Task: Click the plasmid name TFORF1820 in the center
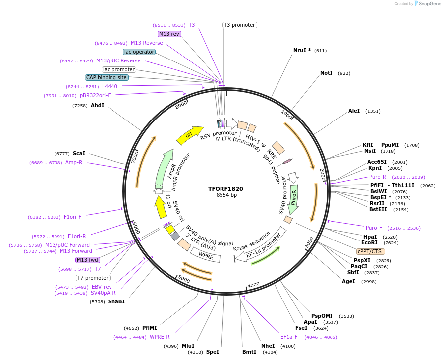(x=225, y=188)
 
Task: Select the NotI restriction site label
(x=326, y=73)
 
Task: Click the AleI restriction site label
(x=354, y=111)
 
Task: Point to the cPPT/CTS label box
(x=370, y=251)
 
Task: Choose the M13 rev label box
(x=169, y=34)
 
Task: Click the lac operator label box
(x=139, y=52)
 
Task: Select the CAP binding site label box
(x=107, y=77)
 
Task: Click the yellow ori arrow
(x=190, y=134)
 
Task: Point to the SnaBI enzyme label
(x=117, y=301)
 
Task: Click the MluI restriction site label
(x=188, y=346)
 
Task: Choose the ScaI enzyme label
(x=79, y=153)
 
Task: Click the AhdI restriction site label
(x=97, y=105)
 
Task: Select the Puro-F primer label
(x=374, y=228)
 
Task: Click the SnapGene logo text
(x=428, y=4)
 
